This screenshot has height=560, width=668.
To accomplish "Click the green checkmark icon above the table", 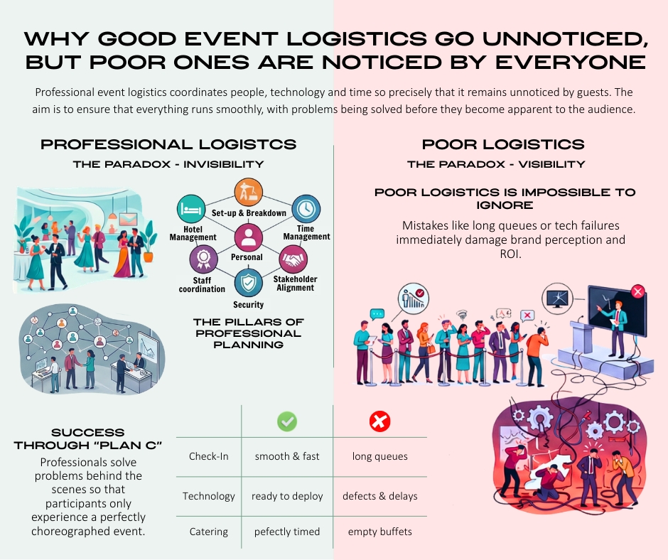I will click(287, 422).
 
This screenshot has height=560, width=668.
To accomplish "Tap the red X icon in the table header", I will click(379, 422).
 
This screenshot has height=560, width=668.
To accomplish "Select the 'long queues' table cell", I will click(379, 456).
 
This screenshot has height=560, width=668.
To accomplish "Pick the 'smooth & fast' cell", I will click(287, 456).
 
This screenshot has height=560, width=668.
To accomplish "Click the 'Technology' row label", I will click(208, 496).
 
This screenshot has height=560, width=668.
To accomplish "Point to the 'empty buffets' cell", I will click(379, 532).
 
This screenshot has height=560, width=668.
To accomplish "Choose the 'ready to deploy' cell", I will click(287, 496).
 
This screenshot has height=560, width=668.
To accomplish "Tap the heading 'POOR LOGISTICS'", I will click(503, 144).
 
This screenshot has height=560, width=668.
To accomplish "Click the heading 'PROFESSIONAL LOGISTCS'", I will click(168, 144).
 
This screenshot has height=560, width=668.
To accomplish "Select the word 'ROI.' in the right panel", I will click(511, 253).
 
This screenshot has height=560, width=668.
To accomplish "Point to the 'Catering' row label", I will click(208, 532).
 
